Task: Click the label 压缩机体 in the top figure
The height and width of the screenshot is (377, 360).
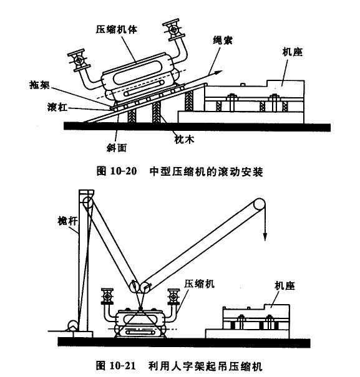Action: (116, 29)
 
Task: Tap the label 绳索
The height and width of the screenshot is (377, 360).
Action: (223, 41)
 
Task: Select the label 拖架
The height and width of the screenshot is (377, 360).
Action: (39, 85)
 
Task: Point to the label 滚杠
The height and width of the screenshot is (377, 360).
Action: (57, 107)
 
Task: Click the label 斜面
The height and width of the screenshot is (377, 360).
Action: (117, 148)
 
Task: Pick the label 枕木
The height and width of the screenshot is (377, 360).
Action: (184, 140)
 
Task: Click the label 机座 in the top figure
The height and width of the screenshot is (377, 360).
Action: (293, 52)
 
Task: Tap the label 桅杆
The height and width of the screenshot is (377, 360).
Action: (67, 221)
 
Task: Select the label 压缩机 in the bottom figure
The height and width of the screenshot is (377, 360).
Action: (200, 284)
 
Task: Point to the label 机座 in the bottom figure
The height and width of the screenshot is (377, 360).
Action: (285, 286)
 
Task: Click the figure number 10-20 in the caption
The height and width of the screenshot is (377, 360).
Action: (124, 171)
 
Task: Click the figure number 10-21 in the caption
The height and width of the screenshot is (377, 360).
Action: (123, 365)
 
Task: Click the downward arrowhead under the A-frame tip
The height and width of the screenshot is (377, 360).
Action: (265, 237)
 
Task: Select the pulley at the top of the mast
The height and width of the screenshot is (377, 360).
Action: (88, 203)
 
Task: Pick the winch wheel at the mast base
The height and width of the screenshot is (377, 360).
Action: (73, 326)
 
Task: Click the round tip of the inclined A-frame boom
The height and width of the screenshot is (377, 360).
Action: (259, 204)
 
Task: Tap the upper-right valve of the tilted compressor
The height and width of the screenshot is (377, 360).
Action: (173, 29)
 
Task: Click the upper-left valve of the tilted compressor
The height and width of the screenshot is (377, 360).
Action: (79, 60)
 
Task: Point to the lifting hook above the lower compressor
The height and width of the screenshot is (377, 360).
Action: (140, 307)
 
